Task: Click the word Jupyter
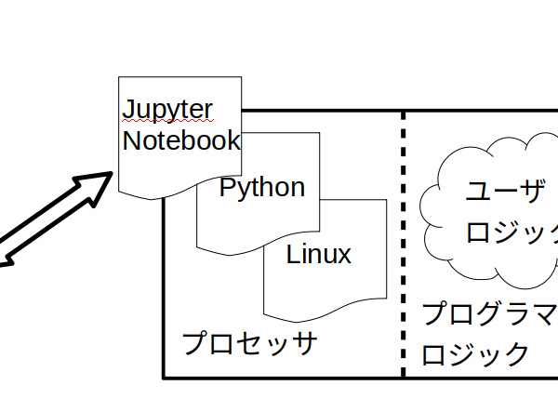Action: tap(168, 110)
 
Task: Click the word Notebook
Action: tap(181, 140)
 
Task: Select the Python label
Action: tap(262, 188)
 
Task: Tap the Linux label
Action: tap(318, 255)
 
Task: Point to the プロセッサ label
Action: tap(249, 342)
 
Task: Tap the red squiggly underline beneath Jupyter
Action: tap(167, 122)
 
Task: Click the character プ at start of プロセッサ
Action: tap(194, 342)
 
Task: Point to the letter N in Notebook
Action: tap(132, 140)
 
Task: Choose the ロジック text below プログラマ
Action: tap(476, 354)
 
